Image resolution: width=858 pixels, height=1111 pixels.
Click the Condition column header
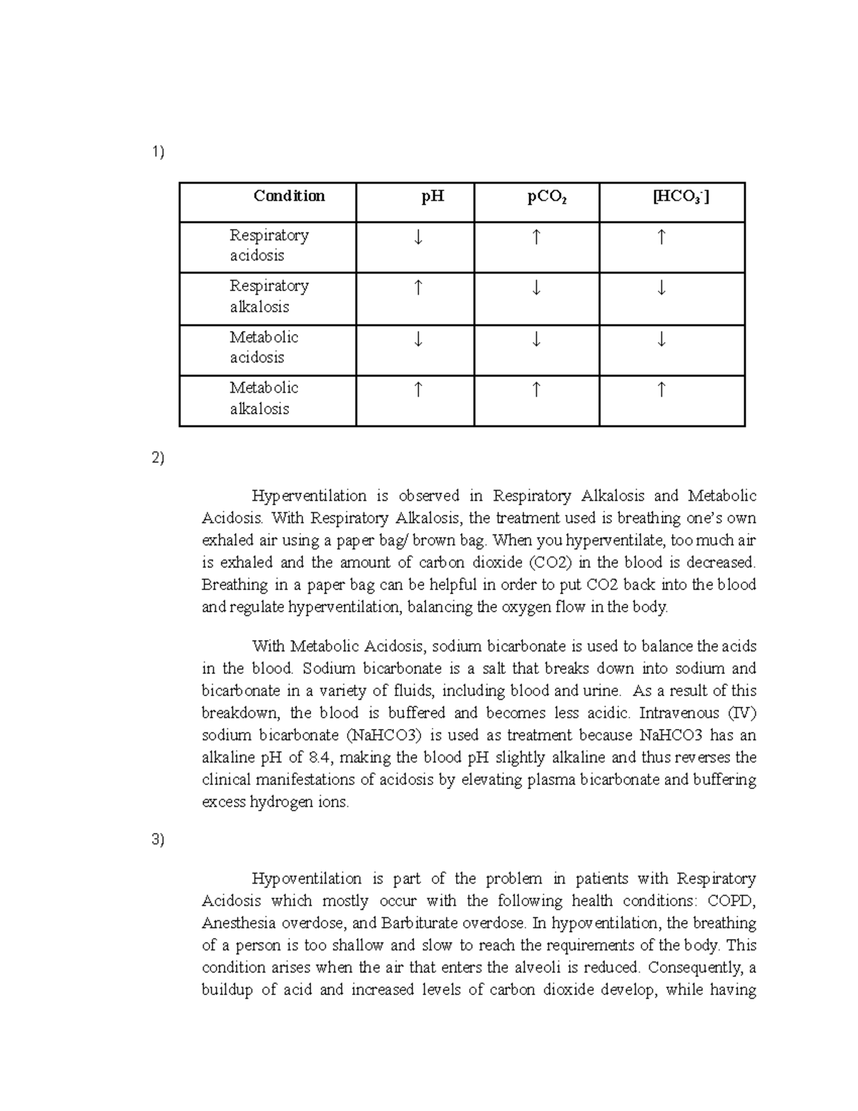[289, 196]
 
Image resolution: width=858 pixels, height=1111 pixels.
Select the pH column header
[433, 196]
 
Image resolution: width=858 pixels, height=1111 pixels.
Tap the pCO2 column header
[547, 197]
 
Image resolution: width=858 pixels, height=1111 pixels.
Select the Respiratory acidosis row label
[268, 245]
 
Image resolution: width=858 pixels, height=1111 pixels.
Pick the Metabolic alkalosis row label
[263, 398]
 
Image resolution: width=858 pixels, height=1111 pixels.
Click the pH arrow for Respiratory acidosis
[418, 238]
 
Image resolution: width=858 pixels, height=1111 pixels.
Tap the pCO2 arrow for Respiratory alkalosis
[536, 288]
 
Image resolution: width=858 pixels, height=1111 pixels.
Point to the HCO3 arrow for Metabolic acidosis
[661, 339]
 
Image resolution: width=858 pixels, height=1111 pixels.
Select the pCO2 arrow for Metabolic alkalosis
[536, 390]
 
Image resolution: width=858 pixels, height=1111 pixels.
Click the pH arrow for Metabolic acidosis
[418, 339]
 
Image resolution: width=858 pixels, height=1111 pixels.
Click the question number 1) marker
[157, 152]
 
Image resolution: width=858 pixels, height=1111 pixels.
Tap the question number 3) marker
[157, 840]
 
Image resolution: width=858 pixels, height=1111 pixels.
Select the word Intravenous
[679, 713]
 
